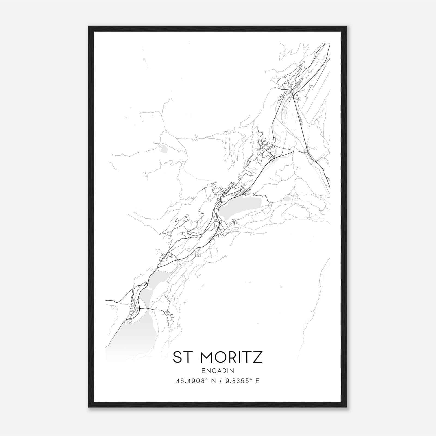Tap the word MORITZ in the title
231,357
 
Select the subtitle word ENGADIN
218,371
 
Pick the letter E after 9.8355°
257,381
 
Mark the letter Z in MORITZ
258,357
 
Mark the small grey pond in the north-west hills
164,149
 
